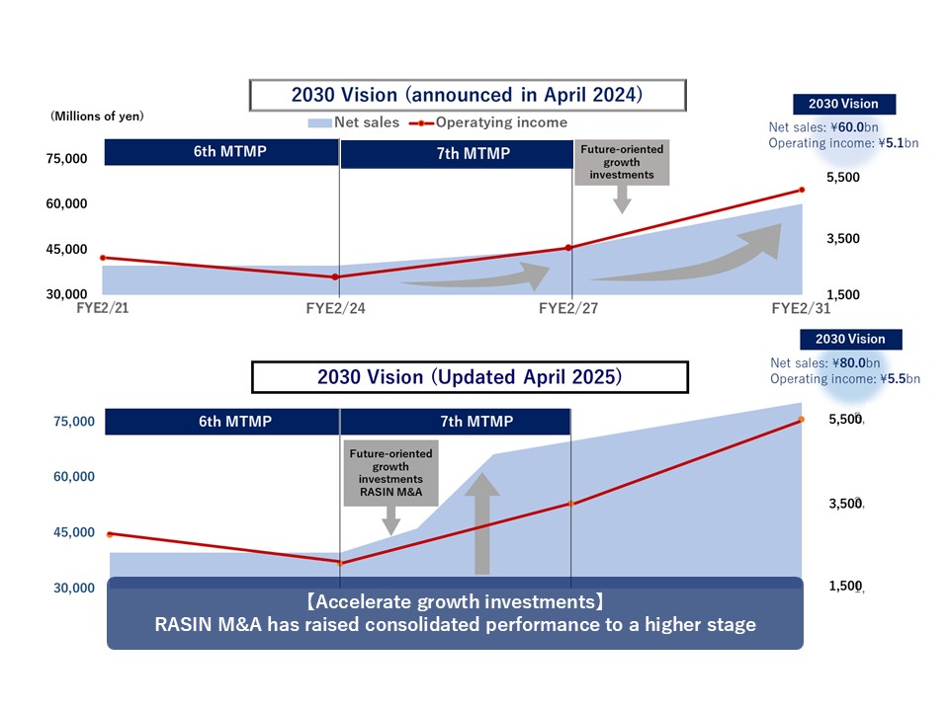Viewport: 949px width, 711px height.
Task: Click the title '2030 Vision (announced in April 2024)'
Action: (467, 95)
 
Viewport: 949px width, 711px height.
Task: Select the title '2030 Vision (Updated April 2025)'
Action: (469, 377)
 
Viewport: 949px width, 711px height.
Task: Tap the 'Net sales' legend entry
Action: (354, 122)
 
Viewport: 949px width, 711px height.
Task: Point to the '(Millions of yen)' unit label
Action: (97, 117)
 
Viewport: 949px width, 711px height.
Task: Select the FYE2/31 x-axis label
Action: (802, 308)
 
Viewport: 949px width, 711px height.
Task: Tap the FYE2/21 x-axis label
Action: (103, 308)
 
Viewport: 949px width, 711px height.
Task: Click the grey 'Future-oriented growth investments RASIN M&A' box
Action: (390, 472)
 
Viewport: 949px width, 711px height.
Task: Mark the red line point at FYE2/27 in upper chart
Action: (568, 248)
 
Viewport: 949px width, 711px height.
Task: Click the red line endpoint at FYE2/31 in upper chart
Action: (802, 190)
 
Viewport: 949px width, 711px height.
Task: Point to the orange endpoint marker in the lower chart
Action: (802, 420)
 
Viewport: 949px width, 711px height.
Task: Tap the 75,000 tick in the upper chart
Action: (67, 158)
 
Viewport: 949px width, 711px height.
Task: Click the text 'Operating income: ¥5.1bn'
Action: (843, 143)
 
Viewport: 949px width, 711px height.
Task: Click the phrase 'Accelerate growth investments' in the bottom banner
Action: (454, 602)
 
